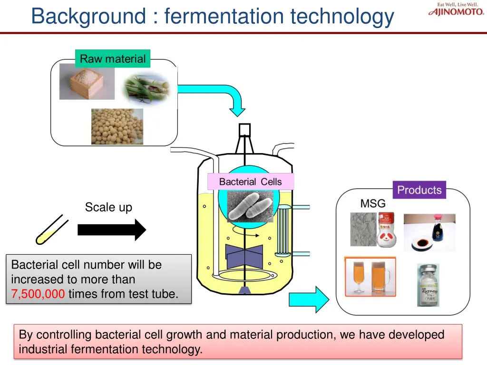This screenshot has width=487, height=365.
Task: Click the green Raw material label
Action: (x=113, y=59)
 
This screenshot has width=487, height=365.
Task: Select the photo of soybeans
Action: (x=117, y=126)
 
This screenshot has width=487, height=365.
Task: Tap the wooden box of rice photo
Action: (x=87, y=81)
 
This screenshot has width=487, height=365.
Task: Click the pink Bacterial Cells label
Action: (x=250, y=182)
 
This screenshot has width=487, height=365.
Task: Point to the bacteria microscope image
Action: (x=250, y=206)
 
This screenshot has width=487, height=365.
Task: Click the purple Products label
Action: (x=419, y=190)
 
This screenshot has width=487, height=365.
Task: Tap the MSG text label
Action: (x=373, y=203)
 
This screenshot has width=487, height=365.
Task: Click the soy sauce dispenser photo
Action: (x=429, y=232)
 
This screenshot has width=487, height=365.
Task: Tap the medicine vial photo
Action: (x=428, y=285)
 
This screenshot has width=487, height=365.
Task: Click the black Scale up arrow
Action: (x=112, y=230)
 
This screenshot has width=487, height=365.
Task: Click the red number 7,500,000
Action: (x=38, y=294)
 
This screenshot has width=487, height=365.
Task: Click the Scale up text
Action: (x=108, y=207)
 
